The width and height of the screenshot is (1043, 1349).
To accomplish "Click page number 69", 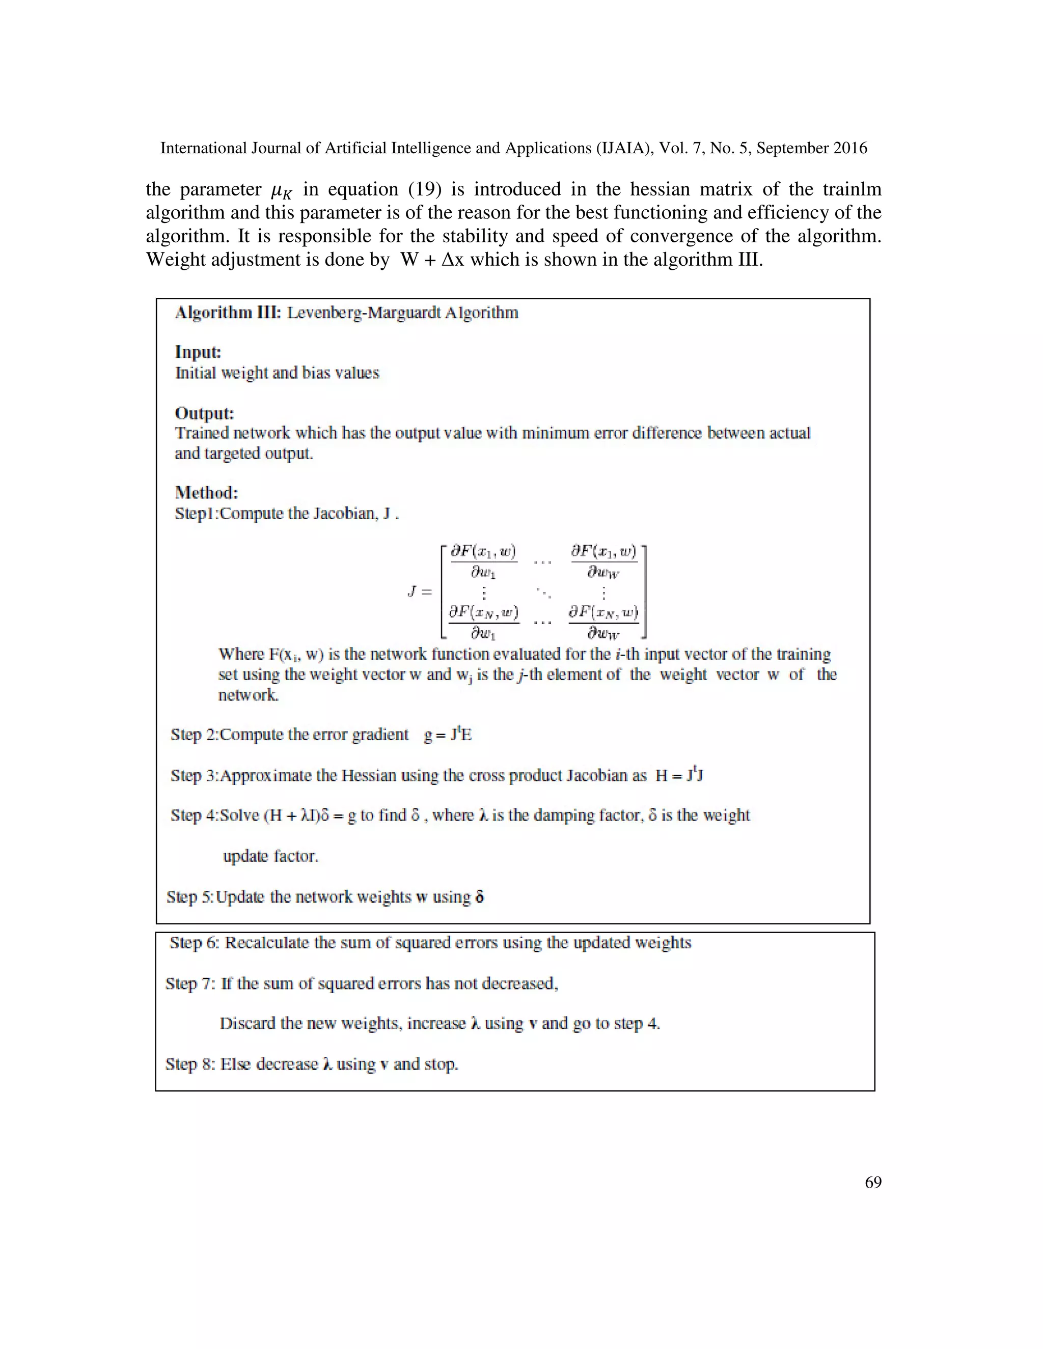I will (872, 1182).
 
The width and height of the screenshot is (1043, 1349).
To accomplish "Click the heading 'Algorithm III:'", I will (228, 313).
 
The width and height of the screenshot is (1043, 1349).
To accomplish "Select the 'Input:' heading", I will (198, 352).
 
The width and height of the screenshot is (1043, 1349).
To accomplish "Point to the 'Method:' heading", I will (206, 492).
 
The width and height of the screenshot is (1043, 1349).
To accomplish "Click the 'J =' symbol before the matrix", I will (420, 592).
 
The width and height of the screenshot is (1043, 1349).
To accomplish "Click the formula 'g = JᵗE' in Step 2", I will (448, 735).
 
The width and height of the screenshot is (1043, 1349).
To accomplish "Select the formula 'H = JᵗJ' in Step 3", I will (679, 775).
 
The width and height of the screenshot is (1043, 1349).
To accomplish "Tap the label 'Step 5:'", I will (189, 897).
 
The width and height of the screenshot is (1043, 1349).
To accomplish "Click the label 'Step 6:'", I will (194, 943).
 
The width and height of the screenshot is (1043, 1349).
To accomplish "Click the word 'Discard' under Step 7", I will (247, 1024).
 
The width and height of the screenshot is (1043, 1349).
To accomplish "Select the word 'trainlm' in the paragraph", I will (852, 189).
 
